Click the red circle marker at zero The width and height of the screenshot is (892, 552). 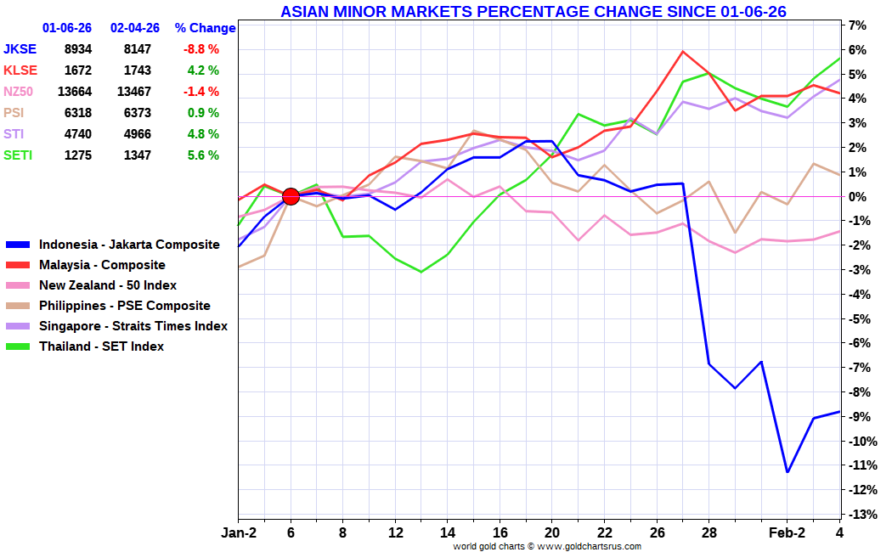291,197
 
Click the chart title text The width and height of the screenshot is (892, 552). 533,11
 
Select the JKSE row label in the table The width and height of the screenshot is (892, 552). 20,49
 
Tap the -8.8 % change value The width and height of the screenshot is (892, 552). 200,49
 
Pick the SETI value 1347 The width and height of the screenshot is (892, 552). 138,155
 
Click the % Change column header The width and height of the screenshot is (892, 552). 205,28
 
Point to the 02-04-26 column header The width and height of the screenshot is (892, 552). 135,28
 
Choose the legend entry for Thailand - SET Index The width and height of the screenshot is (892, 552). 101,346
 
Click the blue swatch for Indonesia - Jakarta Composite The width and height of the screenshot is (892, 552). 18,245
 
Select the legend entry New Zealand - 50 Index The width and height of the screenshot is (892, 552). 108,285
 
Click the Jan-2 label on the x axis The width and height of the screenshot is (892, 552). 239,532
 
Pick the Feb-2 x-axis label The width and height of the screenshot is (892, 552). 788,532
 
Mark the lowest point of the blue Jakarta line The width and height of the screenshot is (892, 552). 788,472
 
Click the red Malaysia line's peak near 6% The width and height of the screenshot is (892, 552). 683,52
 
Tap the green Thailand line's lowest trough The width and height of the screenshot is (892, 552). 421,272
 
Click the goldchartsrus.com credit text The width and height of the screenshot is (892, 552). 547,546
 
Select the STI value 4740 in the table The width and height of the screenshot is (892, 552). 78,134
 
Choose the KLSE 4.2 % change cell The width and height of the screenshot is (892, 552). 203,70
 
